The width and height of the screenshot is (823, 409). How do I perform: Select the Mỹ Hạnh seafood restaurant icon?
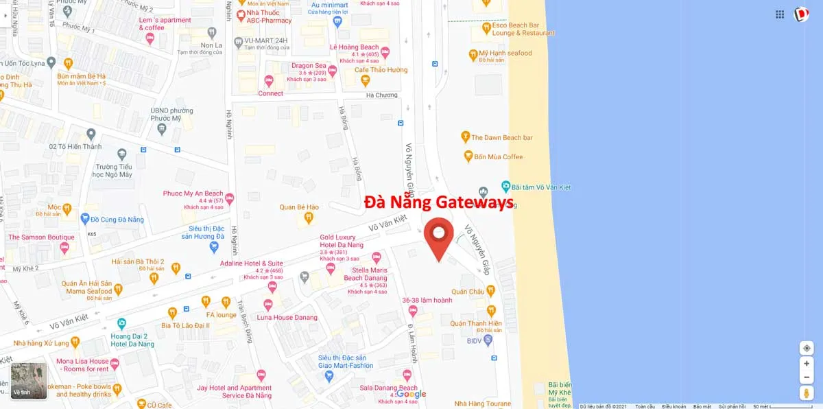pyautogui.click(x=473, y=54)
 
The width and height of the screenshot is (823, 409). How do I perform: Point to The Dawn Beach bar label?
pyautogui.click(x=501, y=138)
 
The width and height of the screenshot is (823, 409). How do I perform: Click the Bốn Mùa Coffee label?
pyautogui.click(x=498, y=157)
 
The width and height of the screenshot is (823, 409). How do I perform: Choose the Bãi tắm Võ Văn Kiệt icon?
pyautogui.click(x=505, y=187)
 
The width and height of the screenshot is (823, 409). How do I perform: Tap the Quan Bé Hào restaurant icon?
pyautogui.click(x=309, y=218)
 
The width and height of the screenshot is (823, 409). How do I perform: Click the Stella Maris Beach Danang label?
pyautogui.click(x=366, y=274)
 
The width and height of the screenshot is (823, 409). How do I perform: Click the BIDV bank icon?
pyautogui.click(x=488, y=340)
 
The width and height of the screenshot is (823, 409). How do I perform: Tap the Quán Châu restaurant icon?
pyautogui.click(x=491, y=291)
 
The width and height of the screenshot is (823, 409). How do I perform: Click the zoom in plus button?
pyautogui.click(x=807, y=364)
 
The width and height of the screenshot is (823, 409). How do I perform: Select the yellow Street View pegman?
pyautogui.click(x=807, y=393)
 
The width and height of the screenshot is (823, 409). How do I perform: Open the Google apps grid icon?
pyautogui.click(x=780, y=14)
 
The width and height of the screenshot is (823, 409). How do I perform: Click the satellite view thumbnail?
pyautogui.click(x=29, y=381)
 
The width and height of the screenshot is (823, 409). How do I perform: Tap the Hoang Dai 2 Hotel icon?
pyautogui.click(x=121, y=323)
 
